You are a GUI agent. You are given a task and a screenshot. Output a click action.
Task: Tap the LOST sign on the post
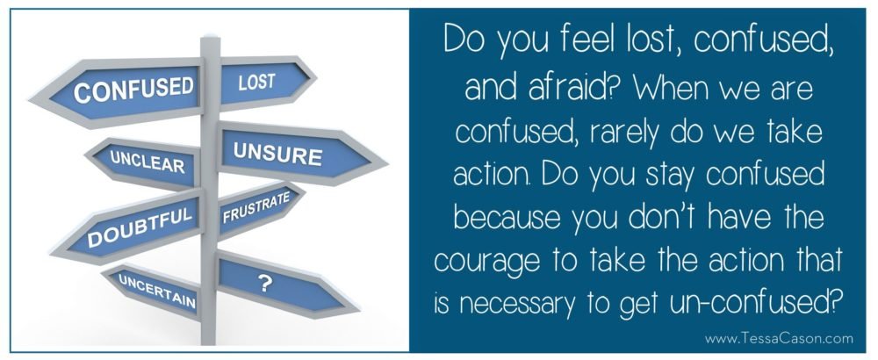(263, 83)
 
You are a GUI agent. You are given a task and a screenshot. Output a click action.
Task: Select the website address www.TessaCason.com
(779, 338)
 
